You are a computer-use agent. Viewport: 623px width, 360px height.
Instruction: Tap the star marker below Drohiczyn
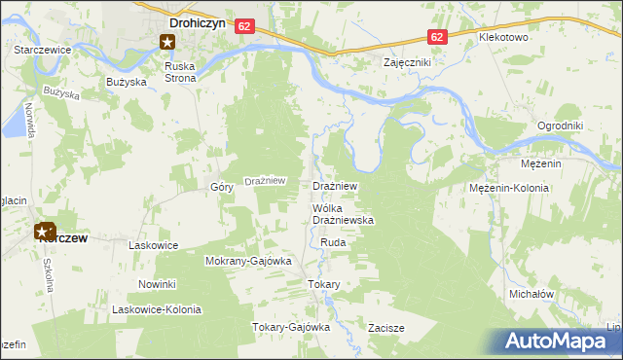coord(167,41)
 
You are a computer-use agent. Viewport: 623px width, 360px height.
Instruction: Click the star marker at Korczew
coord(44,232)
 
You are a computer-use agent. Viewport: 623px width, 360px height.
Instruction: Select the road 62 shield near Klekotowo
coord(437,37)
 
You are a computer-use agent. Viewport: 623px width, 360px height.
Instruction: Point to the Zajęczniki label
coord(407,61)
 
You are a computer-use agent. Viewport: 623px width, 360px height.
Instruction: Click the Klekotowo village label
coord(502,37)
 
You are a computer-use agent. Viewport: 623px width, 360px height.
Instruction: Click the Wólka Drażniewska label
coord(343,215)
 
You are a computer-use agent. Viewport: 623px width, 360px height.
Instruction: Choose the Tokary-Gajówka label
coord(292,327)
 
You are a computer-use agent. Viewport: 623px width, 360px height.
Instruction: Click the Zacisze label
coord(386,328)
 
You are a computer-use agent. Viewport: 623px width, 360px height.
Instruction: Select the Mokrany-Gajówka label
coord(248,261)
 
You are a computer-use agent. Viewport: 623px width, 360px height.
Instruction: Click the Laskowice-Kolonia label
coord(157,309)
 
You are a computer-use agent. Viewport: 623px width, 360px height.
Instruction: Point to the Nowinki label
coord(156,284)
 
